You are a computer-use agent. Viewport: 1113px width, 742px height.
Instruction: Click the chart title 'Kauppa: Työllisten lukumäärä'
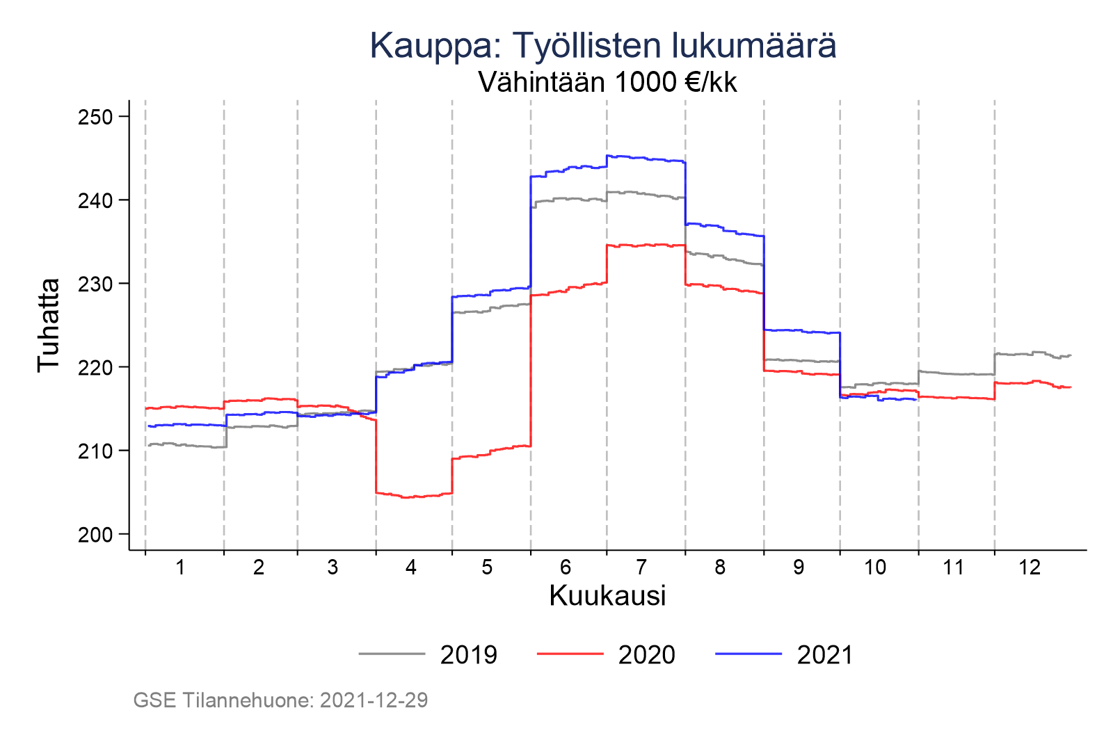[602, 46]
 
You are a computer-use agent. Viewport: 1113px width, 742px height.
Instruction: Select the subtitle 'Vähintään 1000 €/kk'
[607, 83]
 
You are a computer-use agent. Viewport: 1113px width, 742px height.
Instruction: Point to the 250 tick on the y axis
[95, 117]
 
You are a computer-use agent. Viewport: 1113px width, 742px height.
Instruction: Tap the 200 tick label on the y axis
[95, 535]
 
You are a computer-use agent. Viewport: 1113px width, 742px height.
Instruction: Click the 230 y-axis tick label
[95, 284]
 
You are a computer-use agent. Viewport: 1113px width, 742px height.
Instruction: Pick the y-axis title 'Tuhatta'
[49, 325]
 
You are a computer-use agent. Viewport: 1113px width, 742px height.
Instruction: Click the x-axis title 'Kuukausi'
[607, 596]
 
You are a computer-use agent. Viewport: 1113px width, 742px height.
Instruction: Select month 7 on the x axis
[641, 567]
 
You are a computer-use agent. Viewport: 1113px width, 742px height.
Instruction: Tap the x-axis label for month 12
[1030, 567]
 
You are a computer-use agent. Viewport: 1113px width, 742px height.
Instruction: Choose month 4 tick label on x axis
[411, 567]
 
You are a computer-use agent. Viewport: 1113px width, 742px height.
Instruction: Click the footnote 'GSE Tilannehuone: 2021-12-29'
[280, 700]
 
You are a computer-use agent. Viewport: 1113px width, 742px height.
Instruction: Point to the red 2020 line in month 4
[414, 497]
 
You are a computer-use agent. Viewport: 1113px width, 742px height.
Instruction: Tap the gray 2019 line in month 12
[1030, 353]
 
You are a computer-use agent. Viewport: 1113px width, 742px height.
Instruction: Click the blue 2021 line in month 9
[800, 331]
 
